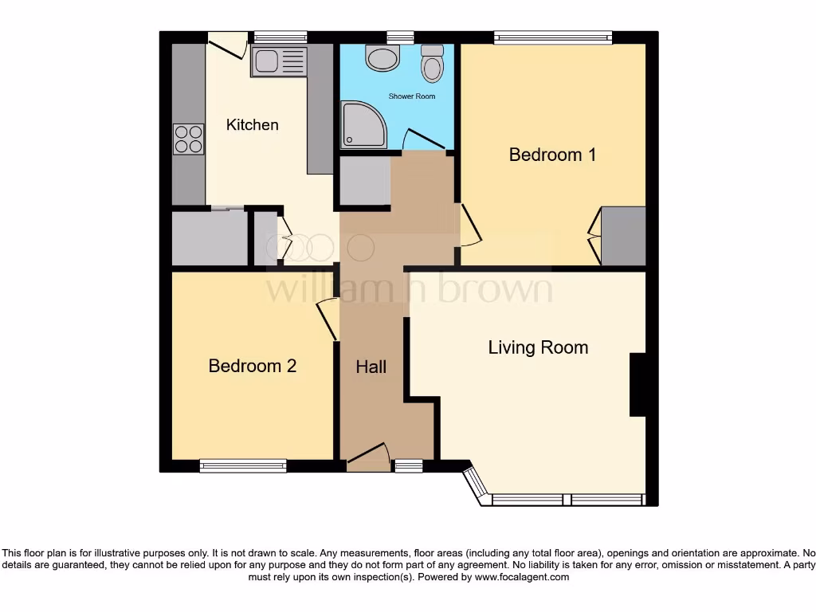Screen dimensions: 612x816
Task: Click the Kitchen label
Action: [253, 125]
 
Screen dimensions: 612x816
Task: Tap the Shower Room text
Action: [412, 96]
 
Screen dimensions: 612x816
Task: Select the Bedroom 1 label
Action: [552, 155]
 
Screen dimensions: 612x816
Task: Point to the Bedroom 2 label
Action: [253, 366]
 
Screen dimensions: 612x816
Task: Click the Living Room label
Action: [538, 347]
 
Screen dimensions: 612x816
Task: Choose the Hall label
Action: [371, 367]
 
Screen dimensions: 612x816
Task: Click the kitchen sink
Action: [278, 61]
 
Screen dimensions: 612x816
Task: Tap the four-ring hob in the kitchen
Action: [189, 139]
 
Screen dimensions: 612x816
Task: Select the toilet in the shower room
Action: [432, 63]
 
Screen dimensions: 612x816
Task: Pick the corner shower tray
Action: [363, 125]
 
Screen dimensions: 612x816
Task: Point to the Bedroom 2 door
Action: [327, 319]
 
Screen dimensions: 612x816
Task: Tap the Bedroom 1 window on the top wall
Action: [552, 37]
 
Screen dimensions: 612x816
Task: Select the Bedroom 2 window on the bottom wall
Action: [243, 465]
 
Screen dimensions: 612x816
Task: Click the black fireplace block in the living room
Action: [637, 385]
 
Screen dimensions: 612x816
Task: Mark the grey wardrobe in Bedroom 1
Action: [623, 236]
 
